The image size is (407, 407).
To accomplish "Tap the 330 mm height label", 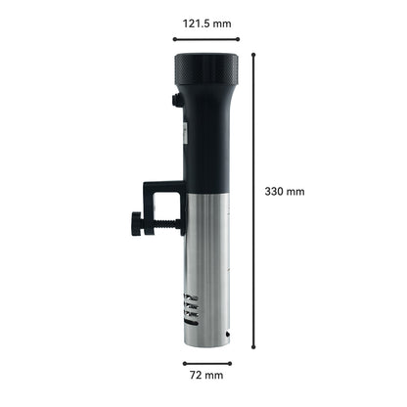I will (285, 192).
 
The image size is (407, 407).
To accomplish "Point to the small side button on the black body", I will (176, 100).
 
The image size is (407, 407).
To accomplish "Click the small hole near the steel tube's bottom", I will (227, 333).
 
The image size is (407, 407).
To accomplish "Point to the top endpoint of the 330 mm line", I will (255, 54).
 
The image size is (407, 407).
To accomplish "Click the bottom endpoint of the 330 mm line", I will (255, 347).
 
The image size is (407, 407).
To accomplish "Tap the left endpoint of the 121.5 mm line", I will (175, 39).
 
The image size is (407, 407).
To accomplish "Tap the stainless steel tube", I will (207, 264).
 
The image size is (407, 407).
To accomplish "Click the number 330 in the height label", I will (277, 192).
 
